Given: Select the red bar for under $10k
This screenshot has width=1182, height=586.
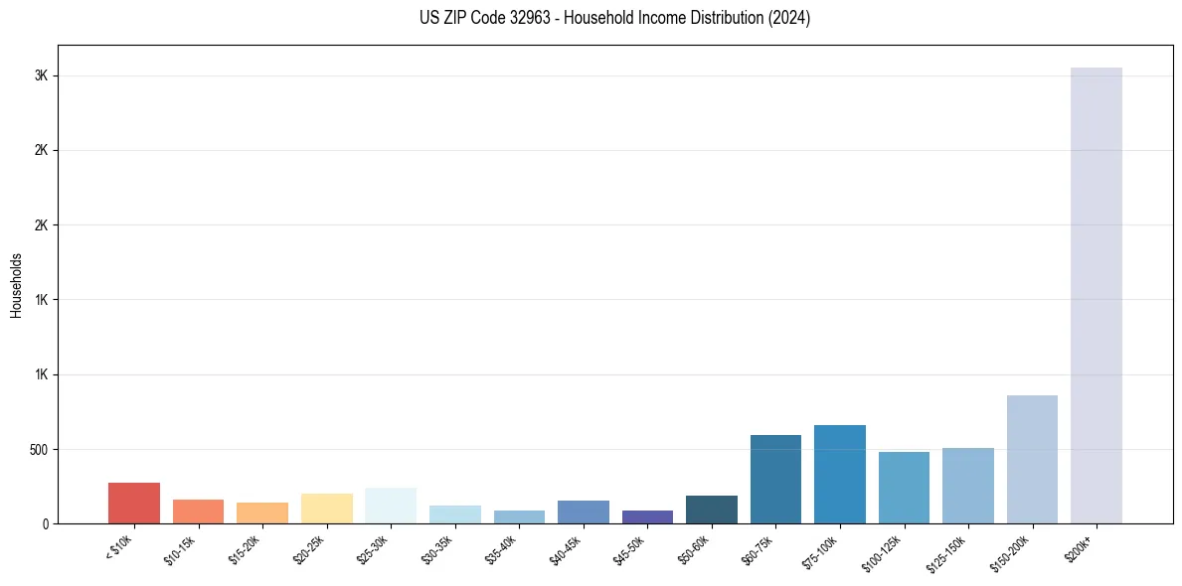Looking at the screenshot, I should (134, 503).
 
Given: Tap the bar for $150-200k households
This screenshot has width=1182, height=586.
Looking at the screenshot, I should (1032, 459).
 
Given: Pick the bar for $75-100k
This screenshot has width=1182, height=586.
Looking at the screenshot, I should (839, 474).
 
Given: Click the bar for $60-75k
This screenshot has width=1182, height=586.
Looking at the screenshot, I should (775, 479).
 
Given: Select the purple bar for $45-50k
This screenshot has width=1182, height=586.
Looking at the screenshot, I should (647, 516).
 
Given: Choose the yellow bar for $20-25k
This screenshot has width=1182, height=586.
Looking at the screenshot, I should (327, 509).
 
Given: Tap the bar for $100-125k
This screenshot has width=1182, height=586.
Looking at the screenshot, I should (904, 488).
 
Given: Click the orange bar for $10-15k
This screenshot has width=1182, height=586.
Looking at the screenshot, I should (198, 512).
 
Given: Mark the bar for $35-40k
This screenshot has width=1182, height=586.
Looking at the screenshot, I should (519, 516).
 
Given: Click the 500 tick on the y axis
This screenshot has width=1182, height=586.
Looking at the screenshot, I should (39, 449).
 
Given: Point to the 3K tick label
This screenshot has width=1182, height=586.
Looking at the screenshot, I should (42, 76).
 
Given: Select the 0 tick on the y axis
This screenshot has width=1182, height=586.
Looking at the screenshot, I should (46, 523).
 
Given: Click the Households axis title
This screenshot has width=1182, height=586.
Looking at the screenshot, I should (17, 284).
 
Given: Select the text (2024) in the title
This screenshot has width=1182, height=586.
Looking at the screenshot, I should (789, 18).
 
